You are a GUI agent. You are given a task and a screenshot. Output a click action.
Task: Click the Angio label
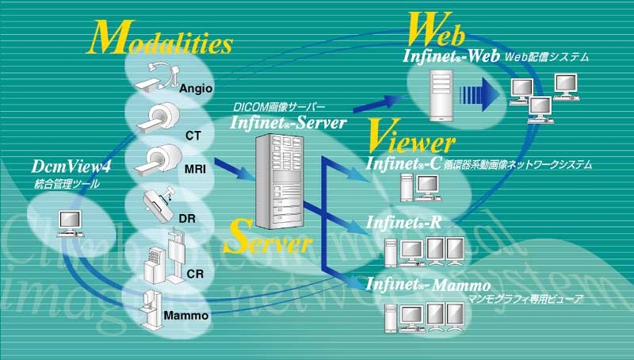pyautogui.click(x=194, y=88)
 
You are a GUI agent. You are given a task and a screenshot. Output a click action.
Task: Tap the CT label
pyautogui.click(x=193, y=136)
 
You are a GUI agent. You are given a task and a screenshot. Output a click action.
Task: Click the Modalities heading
pyautogui.click(x=162, y=35)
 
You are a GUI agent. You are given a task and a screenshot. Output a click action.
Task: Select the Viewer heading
pyautogui.click(x=411, y=140)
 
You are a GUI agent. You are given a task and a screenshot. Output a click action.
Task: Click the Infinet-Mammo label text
pyautogui.click(x=428, y=284)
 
